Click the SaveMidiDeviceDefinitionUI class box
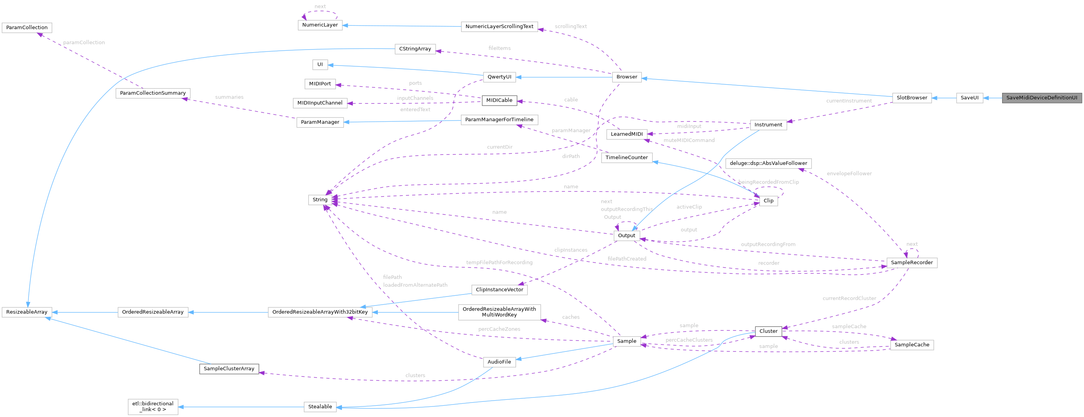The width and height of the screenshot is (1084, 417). pos(1041,98)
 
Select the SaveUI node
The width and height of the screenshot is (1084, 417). pos(969,98)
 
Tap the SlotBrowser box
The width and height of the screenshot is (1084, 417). pos(912,98)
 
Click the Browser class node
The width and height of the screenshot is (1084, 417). pos(627,77)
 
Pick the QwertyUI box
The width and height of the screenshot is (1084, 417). pos(499,77)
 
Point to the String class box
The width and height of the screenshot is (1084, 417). pos(320,200)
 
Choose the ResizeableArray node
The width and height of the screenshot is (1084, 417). pos(27,312)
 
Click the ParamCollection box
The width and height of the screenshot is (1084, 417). pos(27,28)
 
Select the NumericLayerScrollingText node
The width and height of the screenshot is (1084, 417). pos(499,27)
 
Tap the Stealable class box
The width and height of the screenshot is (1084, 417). pos(320,407)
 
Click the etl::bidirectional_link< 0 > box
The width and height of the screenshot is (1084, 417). pos(153,407)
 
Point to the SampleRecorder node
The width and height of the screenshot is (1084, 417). pos(912,263)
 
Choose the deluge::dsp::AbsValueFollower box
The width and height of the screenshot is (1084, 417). pos(769,163)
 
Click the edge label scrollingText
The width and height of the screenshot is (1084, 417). pos(570,27)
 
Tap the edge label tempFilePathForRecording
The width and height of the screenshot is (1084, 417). pos(499,263)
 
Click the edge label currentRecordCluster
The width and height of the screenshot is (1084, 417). pos(849,298)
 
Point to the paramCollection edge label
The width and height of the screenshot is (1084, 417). pos(84,43)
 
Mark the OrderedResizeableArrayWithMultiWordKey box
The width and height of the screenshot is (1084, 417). pos(499,312)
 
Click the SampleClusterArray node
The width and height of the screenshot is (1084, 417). pos(229,369)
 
